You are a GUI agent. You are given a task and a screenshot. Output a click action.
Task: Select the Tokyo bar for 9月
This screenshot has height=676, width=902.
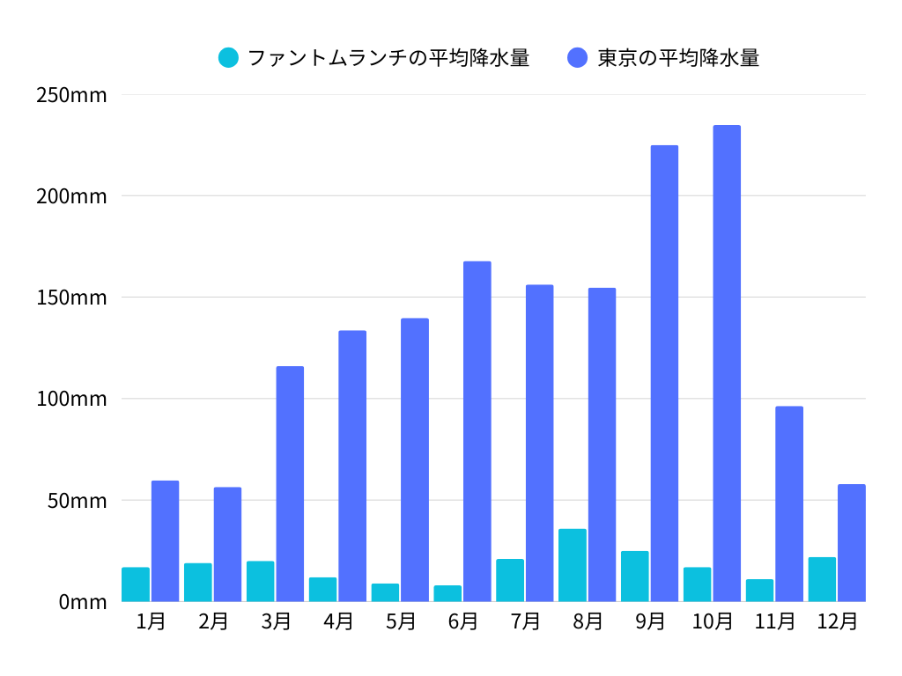point(664,373)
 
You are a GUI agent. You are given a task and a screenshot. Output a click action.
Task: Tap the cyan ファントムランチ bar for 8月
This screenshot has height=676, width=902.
point(572,565)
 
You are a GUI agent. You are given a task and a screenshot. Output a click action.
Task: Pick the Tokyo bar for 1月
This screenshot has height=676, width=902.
point(165,541)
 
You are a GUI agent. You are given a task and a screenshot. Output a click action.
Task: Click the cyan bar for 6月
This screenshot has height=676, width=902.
point(447,593)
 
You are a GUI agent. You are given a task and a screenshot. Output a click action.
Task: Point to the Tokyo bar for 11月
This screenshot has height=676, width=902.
point(789,503)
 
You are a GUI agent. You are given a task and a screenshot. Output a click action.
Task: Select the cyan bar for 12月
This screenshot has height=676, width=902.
point(822,579)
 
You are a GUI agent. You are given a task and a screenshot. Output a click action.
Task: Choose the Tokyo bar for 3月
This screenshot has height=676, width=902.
point(290,484)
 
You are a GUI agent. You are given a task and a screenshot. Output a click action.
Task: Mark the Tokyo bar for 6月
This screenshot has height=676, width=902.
point(477,431)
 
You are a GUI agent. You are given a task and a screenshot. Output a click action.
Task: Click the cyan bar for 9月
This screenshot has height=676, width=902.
point(634,577)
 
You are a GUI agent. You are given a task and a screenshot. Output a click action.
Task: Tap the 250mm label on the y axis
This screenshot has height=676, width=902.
point(71,94)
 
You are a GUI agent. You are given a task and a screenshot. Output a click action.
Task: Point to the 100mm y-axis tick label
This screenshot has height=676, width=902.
point(71,399)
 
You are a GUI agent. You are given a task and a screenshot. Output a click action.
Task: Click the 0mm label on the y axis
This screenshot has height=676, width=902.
point(83,602)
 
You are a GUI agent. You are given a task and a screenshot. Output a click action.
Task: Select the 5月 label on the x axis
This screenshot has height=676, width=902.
point(401,621)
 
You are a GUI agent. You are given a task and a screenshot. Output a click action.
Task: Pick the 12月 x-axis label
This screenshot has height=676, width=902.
point(837,621)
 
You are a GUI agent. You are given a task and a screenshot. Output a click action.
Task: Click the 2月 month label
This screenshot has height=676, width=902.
point(213,621)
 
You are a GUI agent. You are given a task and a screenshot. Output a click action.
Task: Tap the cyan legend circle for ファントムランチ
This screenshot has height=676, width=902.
point(228,58)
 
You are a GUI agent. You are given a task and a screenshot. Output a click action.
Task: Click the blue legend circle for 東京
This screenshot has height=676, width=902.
point(578,58)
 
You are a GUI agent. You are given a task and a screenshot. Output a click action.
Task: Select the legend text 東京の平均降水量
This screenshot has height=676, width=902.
point(678,58)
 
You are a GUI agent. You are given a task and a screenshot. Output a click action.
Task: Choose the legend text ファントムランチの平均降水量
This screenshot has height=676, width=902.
point(388,58)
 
